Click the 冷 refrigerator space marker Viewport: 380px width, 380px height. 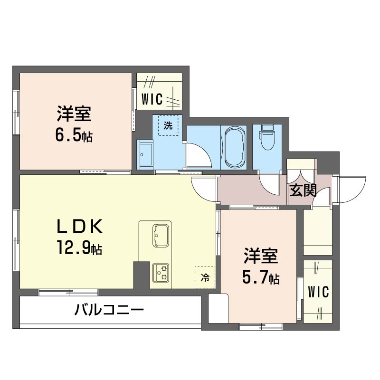coord(205,277)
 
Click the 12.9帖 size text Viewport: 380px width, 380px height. coord(80,248)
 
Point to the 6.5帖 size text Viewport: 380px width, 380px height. coord(74,136)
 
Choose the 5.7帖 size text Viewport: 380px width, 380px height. coord(260,277)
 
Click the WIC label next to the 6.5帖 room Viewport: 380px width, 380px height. coord(152,99)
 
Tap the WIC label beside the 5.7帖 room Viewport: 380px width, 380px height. coord(318,292)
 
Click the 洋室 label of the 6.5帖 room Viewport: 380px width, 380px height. coord(74,115)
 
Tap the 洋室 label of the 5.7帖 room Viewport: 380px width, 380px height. coord(260,256)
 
